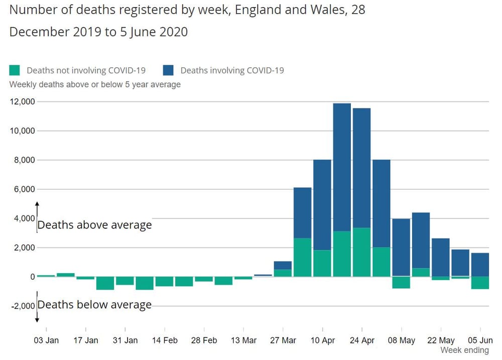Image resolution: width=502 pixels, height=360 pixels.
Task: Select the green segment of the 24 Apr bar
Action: click(x=361, y=252)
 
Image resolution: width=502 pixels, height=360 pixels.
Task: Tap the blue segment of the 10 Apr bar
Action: click(x=322, y=204)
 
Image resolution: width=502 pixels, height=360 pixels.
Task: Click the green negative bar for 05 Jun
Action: click(x=479, y=283)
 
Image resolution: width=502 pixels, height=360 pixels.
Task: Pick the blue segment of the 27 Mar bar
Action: click(x=283, y=265)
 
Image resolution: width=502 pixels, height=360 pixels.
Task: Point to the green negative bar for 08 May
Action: click(x=401, y=282)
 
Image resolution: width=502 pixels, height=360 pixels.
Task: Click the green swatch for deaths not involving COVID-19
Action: click(x=15, y=70)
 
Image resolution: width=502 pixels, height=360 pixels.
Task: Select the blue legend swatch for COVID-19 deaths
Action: click(x=169, y=70)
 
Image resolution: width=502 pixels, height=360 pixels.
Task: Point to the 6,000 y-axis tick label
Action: click(x=24, y=189)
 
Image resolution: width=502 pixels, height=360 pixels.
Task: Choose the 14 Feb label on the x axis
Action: click(x=165, y=340)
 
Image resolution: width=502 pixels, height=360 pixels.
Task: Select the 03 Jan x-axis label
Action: click(x=46, y=340)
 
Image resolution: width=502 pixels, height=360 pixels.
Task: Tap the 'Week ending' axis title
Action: click(x=464, y=350)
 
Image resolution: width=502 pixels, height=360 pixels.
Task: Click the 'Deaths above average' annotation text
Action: click(x=94, y=225)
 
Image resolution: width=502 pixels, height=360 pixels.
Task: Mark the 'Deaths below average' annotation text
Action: click(x=94, y=304)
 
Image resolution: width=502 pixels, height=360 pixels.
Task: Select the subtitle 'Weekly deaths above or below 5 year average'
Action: click(x=95, y=84)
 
